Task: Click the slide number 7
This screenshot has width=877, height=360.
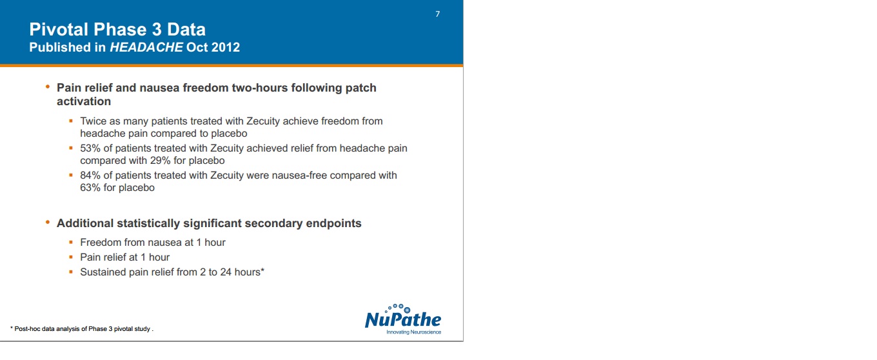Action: (x=438, y=14)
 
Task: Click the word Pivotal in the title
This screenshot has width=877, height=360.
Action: (x=58, y=30)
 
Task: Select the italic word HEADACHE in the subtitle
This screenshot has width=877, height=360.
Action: (x=146, y=47)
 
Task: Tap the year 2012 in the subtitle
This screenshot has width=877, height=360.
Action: (x=225, y=47)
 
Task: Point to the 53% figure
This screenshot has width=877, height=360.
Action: (x=90, y=148)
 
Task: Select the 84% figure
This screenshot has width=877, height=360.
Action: (x=90, y=175)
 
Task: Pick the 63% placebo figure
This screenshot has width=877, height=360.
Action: (x=90, y=188)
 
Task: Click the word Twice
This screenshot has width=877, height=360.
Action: (x=93, y=121)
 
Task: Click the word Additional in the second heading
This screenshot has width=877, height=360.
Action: (x=85, y=223)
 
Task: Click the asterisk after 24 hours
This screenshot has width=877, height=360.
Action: (x=262, y=270)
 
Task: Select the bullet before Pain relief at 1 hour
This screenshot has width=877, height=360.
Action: (x=71, y=257)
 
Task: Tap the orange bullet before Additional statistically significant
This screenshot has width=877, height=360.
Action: (x=48, y=222)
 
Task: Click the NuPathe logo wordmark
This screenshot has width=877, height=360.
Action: (x=403, y=319)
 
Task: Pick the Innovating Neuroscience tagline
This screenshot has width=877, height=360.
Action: (x=414, y=332)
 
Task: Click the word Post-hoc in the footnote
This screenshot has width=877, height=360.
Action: (x=26, y=329)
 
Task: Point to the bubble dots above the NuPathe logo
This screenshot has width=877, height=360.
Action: (x=398, y=308)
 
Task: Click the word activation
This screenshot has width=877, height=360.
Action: (x=84, y=101)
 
